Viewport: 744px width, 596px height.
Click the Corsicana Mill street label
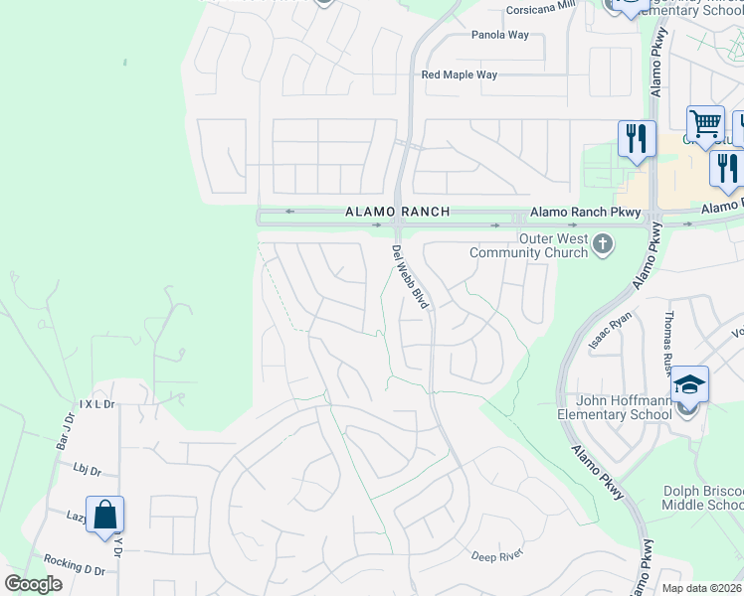(x=540, y=6)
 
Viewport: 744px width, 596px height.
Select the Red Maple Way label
(x=459, y=74)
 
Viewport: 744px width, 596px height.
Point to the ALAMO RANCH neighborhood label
(x=398, y=212)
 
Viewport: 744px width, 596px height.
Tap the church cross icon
(x=602, y=244)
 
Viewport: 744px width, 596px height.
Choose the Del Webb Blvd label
(x=410, y=276)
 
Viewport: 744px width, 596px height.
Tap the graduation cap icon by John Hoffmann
(x=689, y=384)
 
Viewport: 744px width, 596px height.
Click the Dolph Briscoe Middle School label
(x=702, y=499)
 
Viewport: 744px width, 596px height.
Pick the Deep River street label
(x=496, y=554)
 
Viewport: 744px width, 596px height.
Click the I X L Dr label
(x=98, y=405)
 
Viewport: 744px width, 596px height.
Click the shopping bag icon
(x=104, y=515)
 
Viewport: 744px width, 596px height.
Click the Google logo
(x=33, y=584)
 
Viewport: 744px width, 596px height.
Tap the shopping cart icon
(x=705, y=124)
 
